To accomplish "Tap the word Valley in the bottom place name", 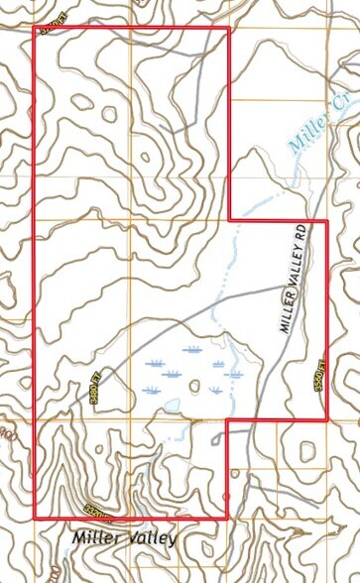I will (x=152, y=538).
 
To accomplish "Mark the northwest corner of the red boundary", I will (x=35, y=28).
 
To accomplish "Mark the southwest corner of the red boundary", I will (x=35, y=519).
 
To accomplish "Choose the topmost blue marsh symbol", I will (x=191, y=349).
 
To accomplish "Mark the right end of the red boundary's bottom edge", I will (x=228, y=519).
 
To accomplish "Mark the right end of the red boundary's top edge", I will (x=229, y=28).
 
